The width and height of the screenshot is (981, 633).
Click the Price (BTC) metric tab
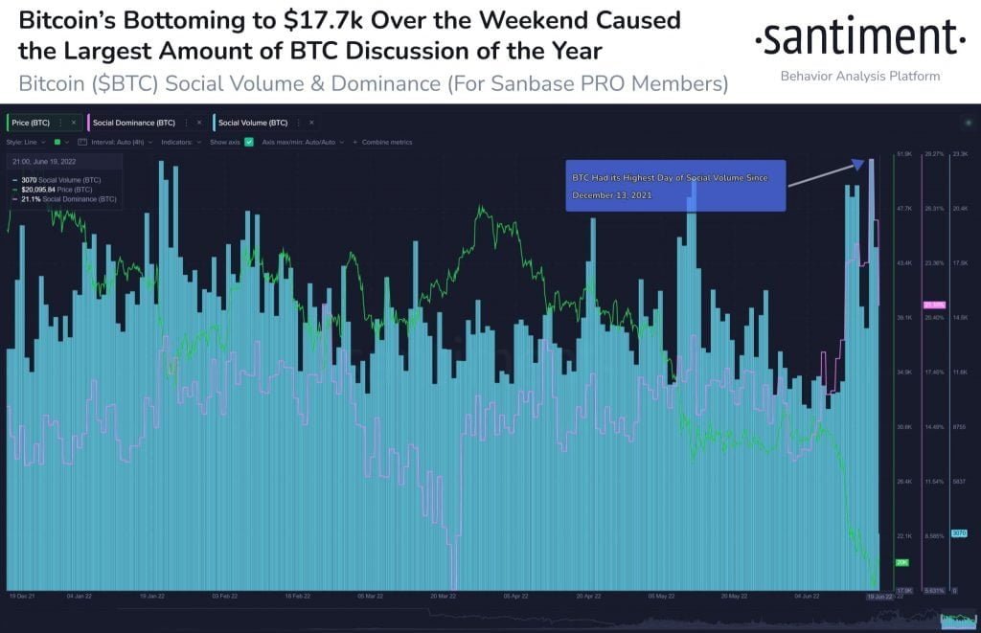pyautogui.click(x=31, y=123)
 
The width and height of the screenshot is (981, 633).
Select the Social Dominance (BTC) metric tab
pyautogui.click(x=133, y=123)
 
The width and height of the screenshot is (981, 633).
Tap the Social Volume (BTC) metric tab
pyautogui.click(x=252, y=123)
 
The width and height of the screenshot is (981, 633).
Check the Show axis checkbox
pyautogui.click(x=249, y=142)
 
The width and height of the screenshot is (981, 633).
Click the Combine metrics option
pyautogui.click(x=385, y=142)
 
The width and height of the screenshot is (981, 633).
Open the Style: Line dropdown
pyautogui.click(x=26, y=142)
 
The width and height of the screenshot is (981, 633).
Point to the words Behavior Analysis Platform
pyautogui.click(x=859, y=76)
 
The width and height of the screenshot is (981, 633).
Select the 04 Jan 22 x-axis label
pyautogui.click(x=79, y=596)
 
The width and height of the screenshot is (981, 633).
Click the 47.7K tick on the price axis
pyautogui.click(x=903, y=208)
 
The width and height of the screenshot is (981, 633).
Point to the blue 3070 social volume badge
pyautogui.click(x=959, y=533)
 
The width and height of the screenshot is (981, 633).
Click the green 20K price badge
pyautogui.click(x=901, y=562)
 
